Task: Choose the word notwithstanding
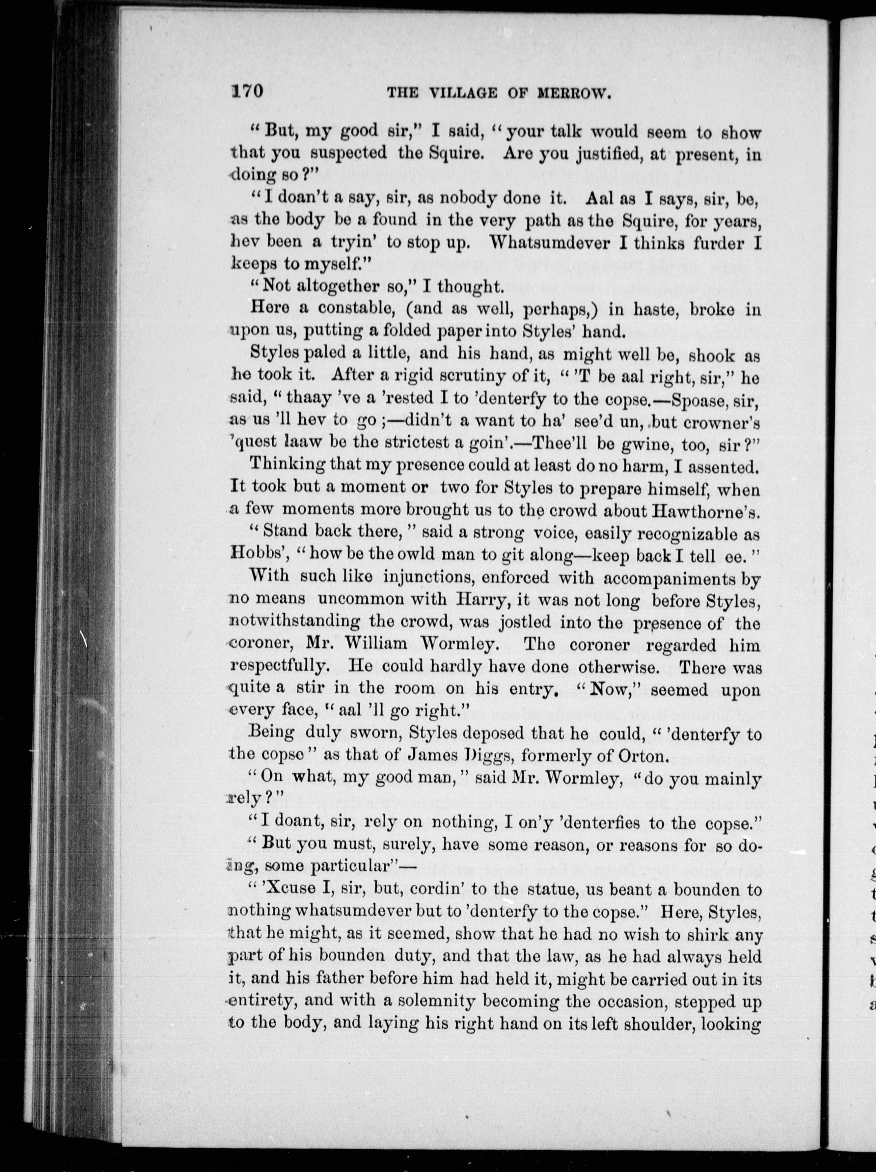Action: pos(288,623)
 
